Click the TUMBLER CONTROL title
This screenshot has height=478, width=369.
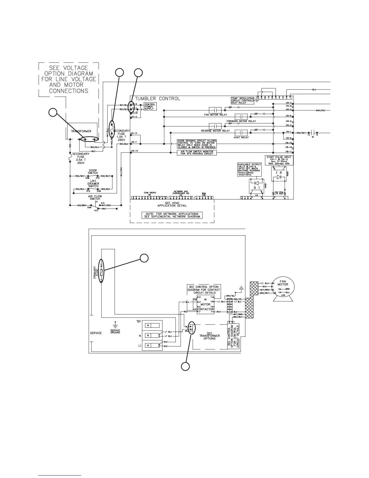click(x=157, y=99)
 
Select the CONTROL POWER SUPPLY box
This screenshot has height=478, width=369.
click(x=150, y=107)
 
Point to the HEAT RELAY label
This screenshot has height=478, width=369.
click(x=241, y=138)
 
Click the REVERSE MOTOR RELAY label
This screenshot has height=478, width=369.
click(x=215, y=131)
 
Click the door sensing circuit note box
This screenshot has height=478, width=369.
click(x=197, y=144)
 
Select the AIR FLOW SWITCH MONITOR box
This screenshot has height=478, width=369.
click(x=197, y=153)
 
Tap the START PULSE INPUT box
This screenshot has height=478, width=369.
click(x=279, y=160)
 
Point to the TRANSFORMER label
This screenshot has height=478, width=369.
click(x=81, y=132)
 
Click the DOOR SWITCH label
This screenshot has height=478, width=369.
click(x=93, y=172)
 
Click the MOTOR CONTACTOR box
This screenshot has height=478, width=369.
click(x=205, y=304)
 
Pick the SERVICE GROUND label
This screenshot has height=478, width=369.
click(x=115, y=331)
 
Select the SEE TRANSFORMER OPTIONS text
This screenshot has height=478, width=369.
click(x=210, y=336)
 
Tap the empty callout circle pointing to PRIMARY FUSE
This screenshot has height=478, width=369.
click(x=144, y=258)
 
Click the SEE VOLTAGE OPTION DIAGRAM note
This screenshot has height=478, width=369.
click(x=68, y=79)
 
